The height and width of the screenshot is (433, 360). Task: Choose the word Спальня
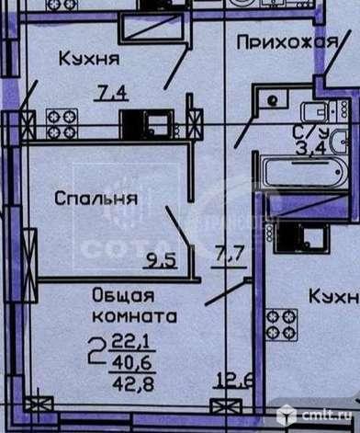tap(96, 197)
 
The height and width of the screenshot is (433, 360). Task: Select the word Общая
tap(121, 295)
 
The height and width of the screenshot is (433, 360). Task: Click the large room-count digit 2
tap(95, 348)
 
